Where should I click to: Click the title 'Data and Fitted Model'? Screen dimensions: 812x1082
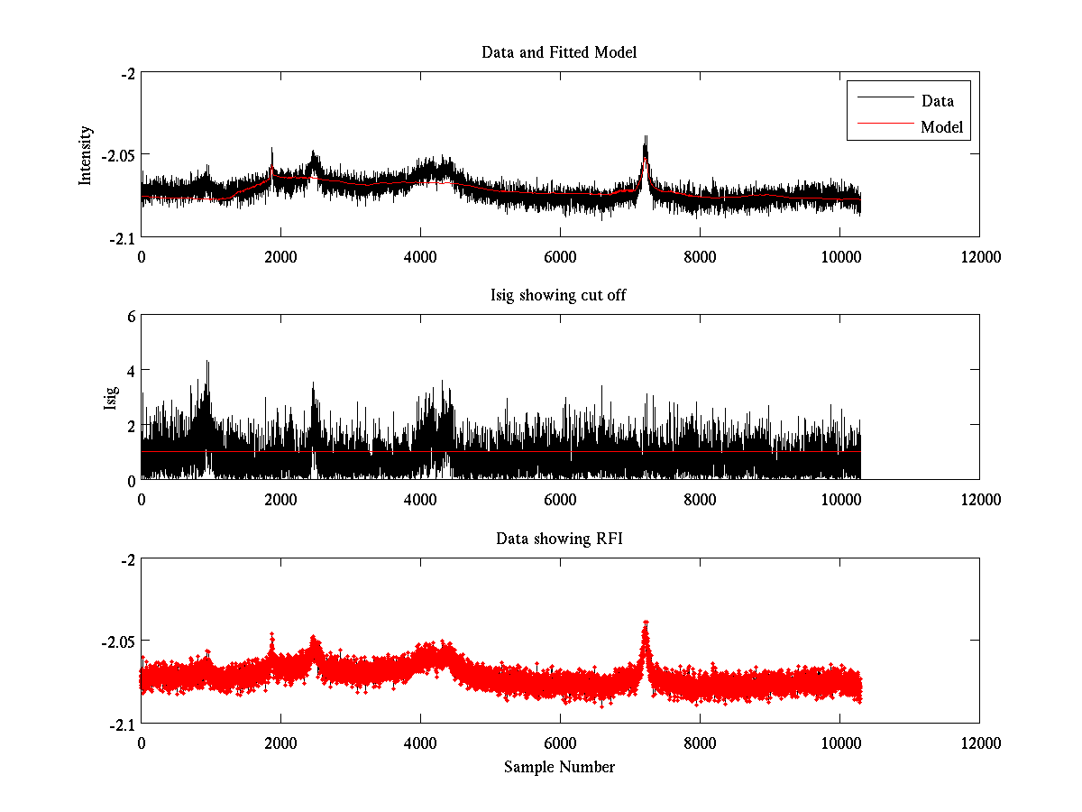coord(559,52)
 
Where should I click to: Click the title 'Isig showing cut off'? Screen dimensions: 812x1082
coord(559,296)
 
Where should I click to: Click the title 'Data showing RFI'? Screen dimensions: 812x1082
coord(559,539)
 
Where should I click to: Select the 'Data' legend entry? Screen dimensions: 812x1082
coord(937,101)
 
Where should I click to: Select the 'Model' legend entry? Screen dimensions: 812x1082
coord(941,127)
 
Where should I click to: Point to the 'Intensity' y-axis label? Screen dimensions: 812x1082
coord(86,155)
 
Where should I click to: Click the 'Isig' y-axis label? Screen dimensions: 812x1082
coord(111,398)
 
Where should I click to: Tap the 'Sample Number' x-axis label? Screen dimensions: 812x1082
coord(559,767)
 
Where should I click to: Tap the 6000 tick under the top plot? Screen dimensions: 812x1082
coord(560,256)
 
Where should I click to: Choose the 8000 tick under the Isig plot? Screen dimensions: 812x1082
coord(700,499)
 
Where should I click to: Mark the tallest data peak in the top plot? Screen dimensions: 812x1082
coord(646,137)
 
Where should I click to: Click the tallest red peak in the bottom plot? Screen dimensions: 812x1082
coord(646,623)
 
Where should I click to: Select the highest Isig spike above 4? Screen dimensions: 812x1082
coord(207,362)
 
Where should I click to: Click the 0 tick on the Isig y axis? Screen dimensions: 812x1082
coord(131,479)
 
